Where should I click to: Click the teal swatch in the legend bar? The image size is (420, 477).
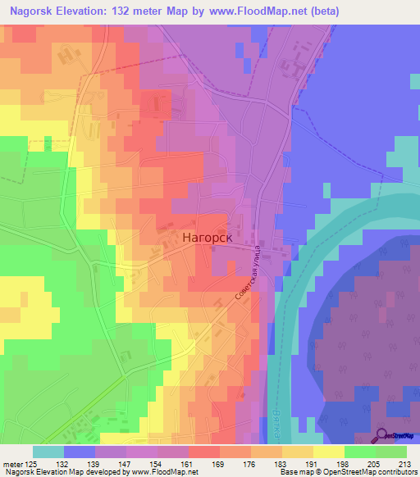click(x=48, y=452)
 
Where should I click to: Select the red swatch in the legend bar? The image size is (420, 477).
click(x=203, y=452)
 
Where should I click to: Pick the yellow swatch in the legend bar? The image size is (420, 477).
click(x=328, y=452)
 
